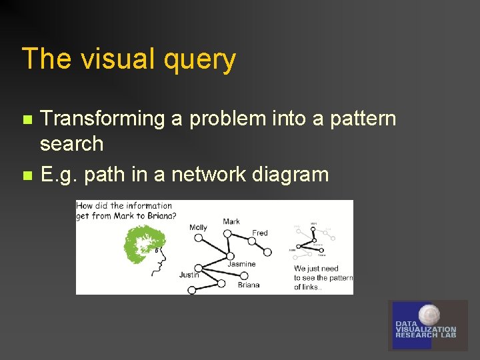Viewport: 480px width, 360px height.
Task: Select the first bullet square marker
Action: point(27,120)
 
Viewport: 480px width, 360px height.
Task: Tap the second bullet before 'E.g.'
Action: point(27,176)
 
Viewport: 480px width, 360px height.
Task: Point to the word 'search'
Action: point(71,144)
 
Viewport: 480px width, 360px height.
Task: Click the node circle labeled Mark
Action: point(227,233)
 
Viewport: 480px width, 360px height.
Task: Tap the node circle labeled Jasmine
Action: point(230,256)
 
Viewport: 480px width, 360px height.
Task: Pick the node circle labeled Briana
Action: point(221,283)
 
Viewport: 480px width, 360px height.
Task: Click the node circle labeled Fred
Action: point(267,252)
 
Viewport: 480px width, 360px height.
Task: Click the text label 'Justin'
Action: point(189,275)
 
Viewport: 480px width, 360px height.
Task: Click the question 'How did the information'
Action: point(124,206)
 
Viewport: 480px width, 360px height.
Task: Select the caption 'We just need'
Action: point(316,269)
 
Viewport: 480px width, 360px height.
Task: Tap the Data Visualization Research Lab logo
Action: point(427,325)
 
